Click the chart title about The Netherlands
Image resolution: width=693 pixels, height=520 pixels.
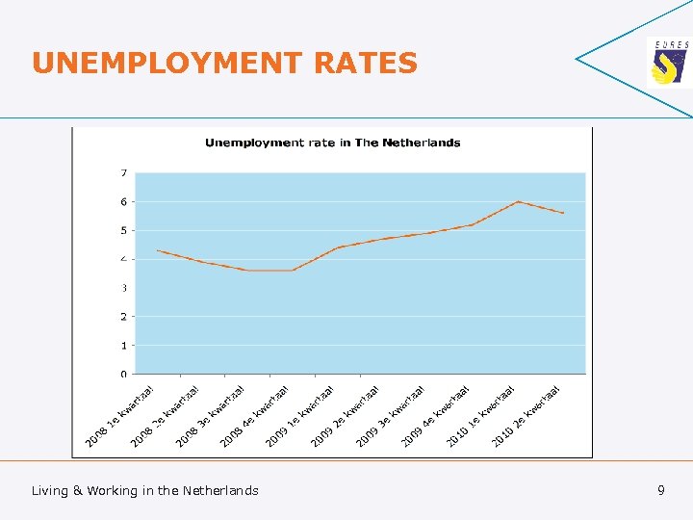(332, 143)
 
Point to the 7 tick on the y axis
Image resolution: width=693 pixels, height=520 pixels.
(123, 173)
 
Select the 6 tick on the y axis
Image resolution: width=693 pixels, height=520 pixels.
(123, 202)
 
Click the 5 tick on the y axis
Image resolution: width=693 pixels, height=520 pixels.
(123, 230)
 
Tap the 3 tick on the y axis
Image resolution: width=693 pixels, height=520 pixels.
(123, 288)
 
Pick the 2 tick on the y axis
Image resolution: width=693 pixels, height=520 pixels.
(123, 316)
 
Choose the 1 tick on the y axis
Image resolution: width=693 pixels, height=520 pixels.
(123, 345)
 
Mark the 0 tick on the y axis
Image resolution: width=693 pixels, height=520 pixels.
(123, 374)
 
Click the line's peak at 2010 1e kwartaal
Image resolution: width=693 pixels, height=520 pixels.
(518, 201)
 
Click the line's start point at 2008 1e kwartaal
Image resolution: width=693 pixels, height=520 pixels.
(157, 250)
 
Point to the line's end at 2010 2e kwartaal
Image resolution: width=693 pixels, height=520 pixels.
(563, 213)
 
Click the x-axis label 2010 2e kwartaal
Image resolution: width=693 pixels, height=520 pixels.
(526, 417)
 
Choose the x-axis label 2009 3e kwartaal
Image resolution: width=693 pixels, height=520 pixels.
(390, 417)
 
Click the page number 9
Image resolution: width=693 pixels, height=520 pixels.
(661, 490)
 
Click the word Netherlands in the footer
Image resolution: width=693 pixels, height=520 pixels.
(220, 491)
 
